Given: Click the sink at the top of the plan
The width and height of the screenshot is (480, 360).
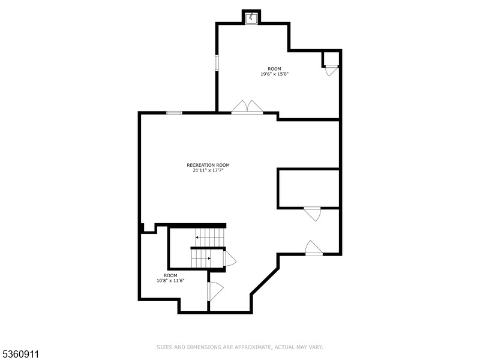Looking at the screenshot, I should (x=251, y=17).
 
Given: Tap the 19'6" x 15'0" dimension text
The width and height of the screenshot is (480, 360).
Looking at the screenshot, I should (x=271, y=74).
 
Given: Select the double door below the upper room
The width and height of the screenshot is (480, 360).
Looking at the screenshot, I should (x=247, y=107).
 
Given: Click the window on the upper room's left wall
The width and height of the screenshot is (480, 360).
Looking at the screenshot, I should (x=217, y=62).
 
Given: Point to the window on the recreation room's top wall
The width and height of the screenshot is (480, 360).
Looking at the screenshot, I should (x=174, y=112).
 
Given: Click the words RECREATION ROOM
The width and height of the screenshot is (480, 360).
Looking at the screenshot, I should (x=208, y=165).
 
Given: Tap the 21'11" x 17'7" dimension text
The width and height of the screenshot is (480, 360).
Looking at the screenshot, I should (x=208, y=170).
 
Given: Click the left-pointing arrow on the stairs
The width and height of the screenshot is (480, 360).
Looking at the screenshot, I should (x=198, y=238).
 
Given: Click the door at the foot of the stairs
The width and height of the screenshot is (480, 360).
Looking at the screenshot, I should (x=229, y=258).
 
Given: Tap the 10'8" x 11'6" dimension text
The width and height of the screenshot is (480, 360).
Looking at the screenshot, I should (x=170, y=280).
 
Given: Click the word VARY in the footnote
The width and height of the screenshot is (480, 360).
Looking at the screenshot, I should (x=316, y=347).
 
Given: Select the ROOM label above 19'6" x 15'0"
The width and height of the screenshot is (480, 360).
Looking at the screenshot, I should (x=274, y=69).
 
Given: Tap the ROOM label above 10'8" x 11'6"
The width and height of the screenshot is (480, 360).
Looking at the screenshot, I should (x=170, y=275).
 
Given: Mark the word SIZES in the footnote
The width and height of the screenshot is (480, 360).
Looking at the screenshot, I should (x=164, y=347).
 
